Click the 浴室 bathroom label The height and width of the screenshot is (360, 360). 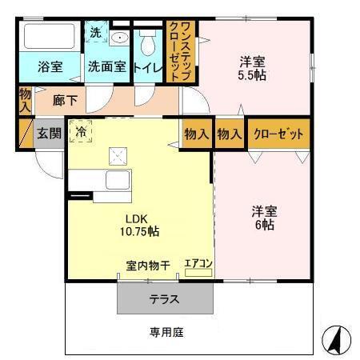pos(50,67)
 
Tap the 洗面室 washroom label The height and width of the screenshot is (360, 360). pos(106,67)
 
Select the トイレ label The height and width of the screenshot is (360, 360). pos(148,67)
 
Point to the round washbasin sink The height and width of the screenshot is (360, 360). pos(120,37)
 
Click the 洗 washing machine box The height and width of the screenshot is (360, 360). pos(95,34)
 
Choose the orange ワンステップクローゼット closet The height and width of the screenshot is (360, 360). pos(181,51)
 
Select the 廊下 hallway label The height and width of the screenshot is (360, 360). pos(66,101)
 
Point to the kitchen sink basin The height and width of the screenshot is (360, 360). pos(118,180)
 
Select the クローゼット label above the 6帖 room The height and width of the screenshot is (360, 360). pos(278,134)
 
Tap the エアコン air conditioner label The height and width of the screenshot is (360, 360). pos(198,262)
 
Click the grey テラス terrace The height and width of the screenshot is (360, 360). pos(165,299)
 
